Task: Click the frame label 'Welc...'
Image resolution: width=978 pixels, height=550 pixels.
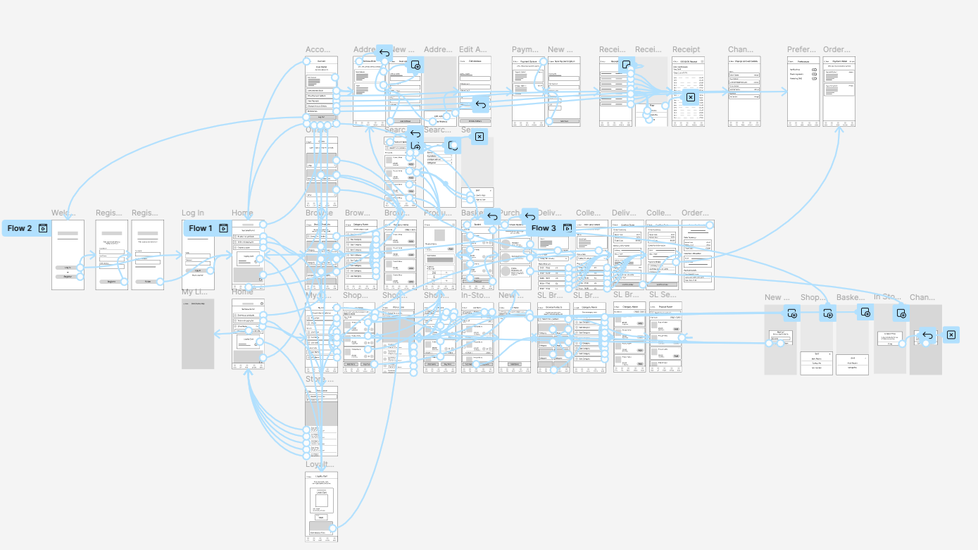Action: tap(63, 213)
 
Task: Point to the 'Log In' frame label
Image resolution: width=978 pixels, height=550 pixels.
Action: tap(193, 213)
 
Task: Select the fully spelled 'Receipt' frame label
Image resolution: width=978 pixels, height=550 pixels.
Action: tap(686, 49)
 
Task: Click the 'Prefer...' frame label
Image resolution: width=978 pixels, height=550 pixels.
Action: tap(801, 49)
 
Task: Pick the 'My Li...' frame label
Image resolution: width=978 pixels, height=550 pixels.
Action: tap(195, 292)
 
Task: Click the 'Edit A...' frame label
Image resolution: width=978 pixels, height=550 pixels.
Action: tap(473, 49)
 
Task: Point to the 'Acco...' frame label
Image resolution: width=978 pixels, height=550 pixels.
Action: tap(318, 49)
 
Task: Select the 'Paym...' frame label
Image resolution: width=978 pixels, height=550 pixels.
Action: tap(525, 49)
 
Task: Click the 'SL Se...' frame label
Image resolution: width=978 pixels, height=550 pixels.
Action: tap(663, 295)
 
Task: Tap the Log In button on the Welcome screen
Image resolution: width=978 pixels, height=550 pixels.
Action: tap(68, 268)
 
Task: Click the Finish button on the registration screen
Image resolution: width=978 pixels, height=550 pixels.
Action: tap(148, 282)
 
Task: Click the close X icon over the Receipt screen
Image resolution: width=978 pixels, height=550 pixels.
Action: tap(690, 97)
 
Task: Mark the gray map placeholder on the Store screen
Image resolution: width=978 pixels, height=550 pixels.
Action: tap(321, 413)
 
